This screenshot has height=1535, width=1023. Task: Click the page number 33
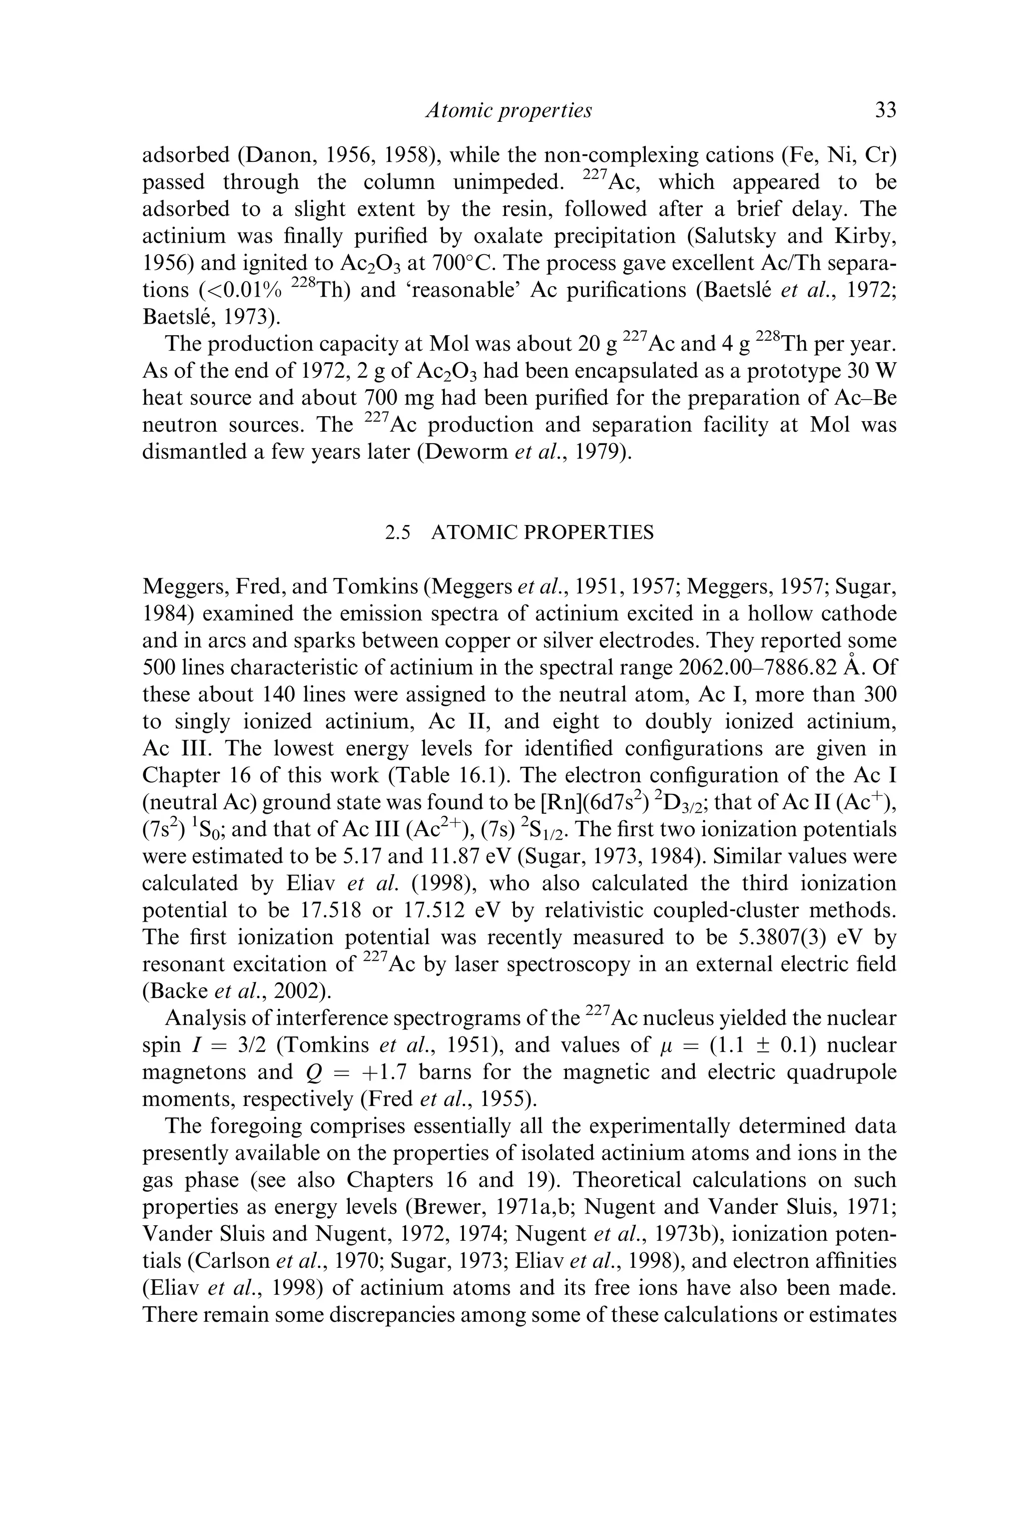[x=885, y=111]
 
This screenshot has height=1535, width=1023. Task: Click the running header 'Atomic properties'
[x=509, y=111]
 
